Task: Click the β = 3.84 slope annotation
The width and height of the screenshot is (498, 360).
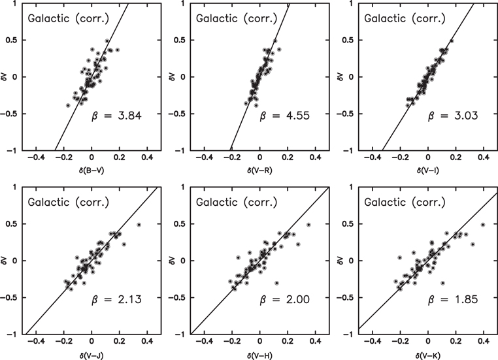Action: (116, 117)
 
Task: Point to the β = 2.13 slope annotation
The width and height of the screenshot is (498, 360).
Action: (116, 301)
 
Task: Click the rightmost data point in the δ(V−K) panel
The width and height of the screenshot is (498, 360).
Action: (483, 225)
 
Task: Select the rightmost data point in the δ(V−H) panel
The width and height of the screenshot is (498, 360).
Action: (308, 225)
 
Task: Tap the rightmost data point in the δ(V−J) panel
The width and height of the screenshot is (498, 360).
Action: (139, 225)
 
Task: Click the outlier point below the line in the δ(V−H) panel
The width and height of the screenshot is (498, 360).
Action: (276, 283)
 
